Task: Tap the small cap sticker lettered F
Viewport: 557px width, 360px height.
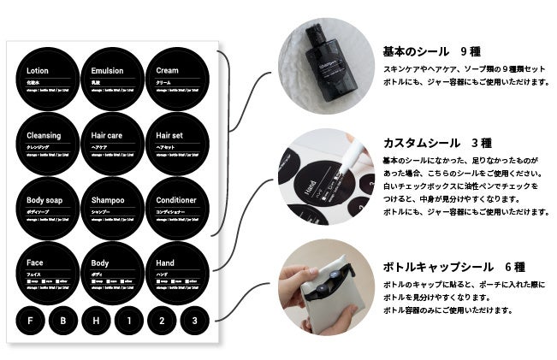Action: (31, 321)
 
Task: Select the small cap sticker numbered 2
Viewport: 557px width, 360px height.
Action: (163, 321)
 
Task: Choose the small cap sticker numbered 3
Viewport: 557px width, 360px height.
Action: (195, 321)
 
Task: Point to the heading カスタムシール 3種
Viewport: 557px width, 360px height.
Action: (436, 143)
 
